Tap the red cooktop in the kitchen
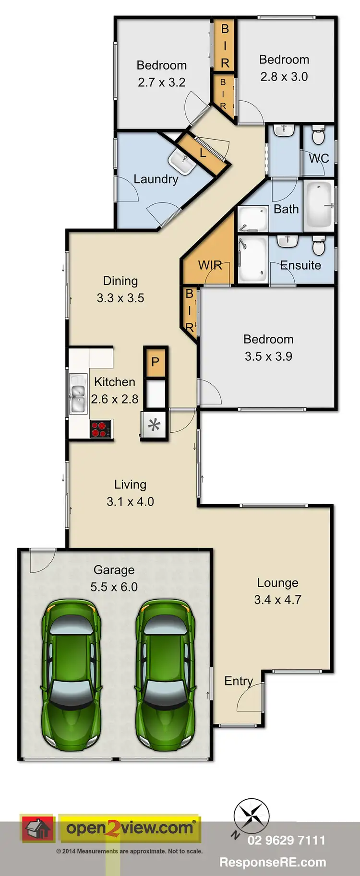(x=101, y=428)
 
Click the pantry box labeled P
(x=155, y=362)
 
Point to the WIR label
(x=210, y=265)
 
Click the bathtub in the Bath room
(x=319, y=206)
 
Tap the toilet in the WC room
(x=318, y=136)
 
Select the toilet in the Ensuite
(x=319, y=247)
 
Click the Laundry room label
(x=156, y=179)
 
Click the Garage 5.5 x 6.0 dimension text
(x=114, y=587)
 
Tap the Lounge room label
(x=277, y=582)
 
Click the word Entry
(x=238, y=681)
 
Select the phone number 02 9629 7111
(x=286, y=840)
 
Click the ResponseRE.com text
(x=272, y=862)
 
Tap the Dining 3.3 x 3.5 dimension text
(x=120, y=298)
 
